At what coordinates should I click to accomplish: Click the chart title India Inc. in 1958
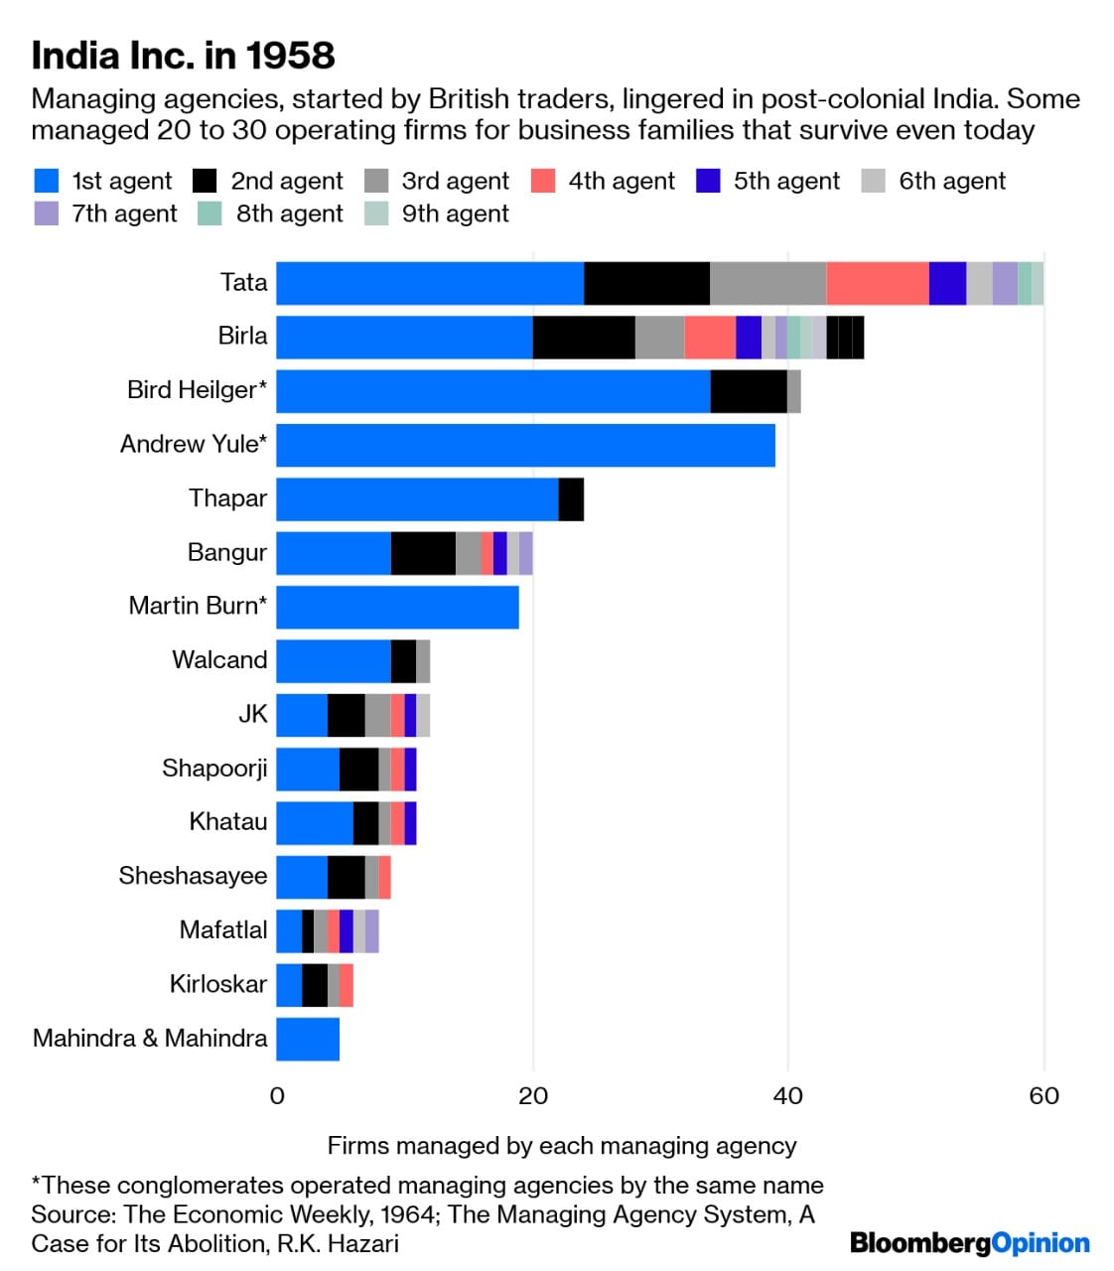pos(184,56)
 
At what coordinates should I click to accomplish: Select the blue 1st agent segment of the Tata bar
pos(430,283)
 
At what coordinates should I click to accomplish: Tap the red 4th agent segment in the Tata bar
pos(877,283)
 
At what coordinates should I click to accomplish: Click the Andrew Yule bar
pos(525,445)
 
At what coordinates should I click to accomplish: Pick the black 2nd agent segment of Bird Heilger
pos(749,391)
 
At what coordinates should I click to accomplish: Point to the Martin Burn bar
pos(397,607)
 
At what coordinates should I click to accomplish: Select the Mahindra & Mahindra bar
pos(308,1039)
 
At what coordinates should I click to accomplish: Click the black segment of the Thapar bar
pos(571,499)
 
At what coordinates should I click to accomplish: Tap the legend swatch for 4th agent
pos(543,181)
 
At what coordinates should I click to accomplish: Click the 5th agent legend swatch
pos(708,181)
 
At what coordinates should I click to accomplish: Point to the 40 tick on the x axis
pos(787,1095)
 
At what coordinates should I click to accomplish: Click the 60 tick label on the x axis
pos(1044,1095)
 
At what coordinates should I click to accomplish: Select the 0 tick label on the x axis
pos(277,1095)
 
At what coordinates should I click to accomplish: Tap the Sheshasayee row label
pos(193,876)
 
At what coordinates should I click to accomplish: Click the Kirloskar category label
pos(217,984)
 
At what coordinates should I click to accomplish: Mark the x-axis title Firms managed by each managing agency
pos(562,1146)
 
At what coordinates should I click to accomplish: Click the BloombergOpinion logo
pos(969,1243)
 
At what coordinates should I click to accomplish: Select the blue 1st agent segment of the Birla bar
pos(404,338)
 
